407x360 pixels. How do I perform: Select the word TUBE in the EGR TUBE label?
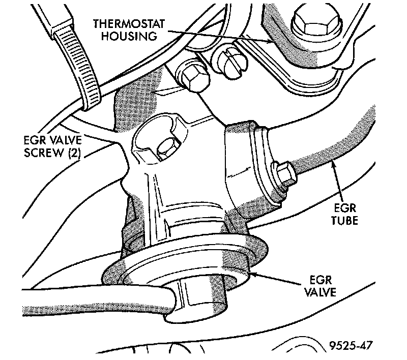point(348,222)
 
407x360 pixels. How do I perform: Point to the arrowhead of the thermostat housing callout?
point(275,43)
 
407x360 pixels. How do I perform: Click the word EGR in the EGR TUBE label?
point(348,208)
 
